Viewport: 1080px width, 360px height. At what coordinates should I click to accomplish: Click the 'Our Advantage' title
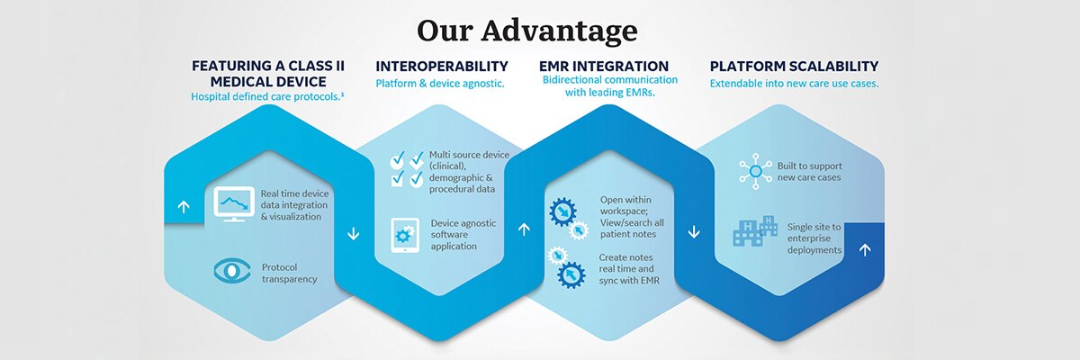pyautogui.click(x=527, y=31)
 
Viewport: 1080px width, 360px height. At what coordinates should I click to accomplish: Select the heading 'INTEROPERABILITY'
pyautogui.click(x=442, y=66)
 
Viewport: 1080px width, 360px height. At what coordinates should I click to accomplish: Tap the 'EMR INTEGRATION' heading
pyautogui.click(x=604, y=66)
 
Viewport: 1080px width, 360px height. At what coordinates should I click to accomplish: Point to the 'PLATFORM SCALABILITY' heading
pyautogui.click(x=794, y=66)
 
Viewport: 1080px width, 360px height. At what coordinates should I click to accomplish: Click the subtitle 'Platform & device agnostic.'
pyautogui.click(x=440, y=84)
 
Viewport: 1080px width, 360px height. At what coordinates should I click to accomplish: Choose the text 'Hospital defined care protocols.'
pyautogui.click(x=266, y=96)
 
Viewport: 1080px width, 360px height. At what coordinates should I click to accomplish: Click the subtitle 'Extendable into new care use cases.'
pyautogui.click(x=794, y=84)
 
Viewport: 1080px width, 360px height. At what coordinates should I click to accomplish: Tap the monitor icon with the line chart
pyautogui.click(x=234, y=204)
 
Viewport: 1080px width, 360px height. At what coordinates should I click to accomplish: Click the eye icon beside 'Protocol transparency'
pyautogui.click(x=232, y=271)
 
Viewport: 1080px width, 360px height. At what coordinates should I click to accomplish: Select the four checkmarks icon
pyautogui.click(x=407, y=168)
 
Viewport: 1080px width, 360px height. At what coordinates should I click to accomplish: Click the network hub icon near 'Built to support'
pyautogui.click(x=755, y=172)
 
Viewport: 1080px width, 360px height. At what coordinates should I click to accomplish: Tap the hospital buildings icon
pyautogui.click(x=755, y=230)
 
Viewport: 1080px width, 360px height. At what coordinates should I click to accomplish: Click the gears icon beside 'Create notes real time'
pyautogui.click(x=567, y=267)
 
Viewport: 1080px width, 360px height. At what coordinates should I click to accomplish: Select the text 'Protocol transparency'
pyautogui.click(x=289, y=274)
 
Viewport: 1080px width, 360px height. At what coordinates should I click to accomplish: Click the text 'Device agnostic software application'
pyautogui.click(x=463, y=235)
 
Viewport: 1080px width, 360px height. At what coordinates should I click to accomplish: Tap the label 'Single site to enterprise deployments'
pyautogui.click(x=814, y=238)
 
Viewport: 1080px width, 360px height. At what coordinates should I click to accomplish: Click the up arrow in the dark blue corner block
pyautogui.click(x=865, y=249)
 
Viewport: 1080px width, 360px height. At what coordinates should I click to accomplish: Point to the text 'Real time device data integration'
pyautogui.click(x=294, y=199)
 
